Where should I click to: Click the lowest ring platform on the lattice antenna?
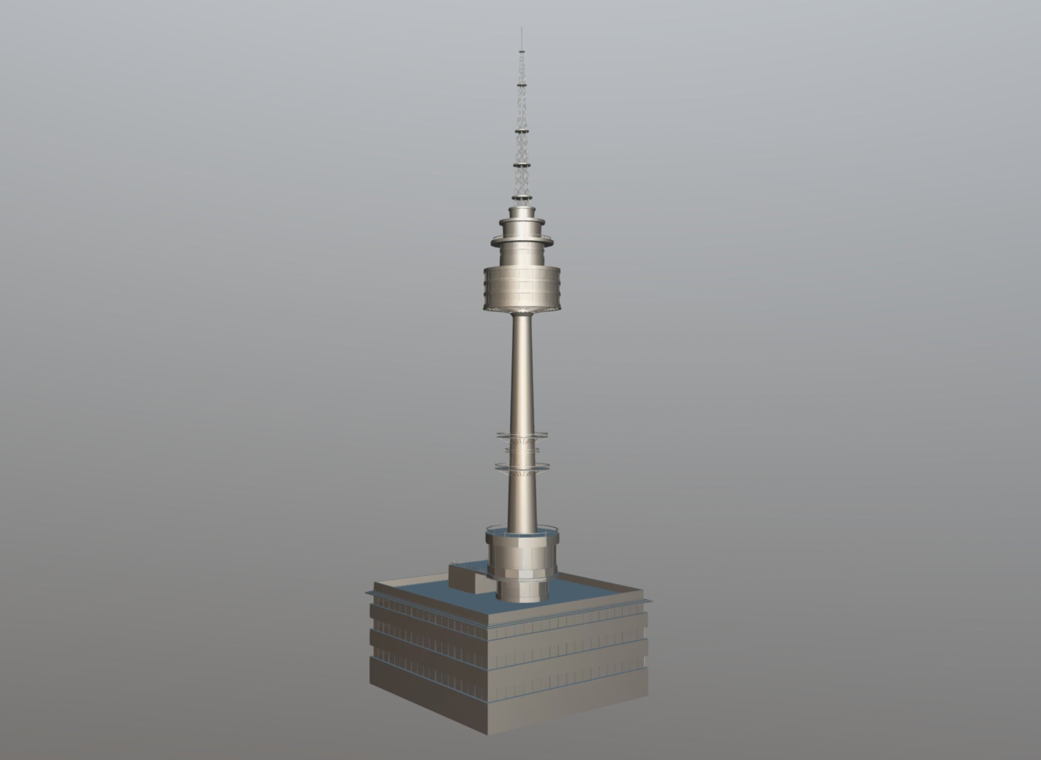521,198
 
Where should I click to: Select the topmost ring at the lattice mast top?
521,51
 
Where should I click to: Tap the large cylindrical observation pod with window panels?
522,288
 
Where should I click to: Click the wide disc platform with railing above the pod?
522,242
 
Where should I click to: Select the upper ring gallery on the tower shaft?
522,435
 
